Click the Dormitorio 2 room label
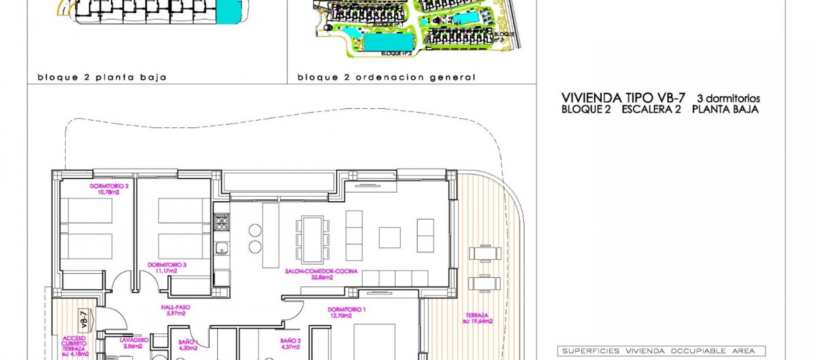click(x=109, y=186)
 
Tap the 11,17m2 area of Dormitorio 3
click(x=166, y=271)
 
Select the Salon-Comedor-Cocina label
click(x=321, y=271)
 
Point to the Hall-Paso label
click(x=176, y=307)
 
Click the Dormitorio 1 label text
click(x=346, y=310)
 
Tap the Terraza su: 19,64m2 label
click(x=477, y=318)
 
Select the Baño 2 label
click(x=290, y=341)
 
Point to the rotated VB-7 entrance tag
click(x=84, y=319)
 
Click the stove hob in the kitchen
click(x=221, y=222)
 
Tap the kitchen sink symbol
click(x=221, y=248)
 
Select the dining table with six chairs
click(x=312, y=239)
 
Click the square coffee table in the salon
click(x=390, y=238)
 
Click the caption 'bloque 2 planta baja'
click(x=102, y=78)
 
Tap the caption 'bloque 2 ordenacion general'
click(x=386, y=78)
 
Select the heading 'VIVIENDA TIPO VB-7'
click(x=623, y=98)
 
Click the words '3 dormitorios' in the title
click(x=728, y=99)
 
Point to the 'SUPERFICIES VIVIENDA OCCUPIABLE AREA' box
click(x=661, y=351)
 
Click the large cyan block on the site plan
click(x=388, y=42)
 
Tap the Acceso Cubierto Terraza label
click(x=75, y=344)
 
